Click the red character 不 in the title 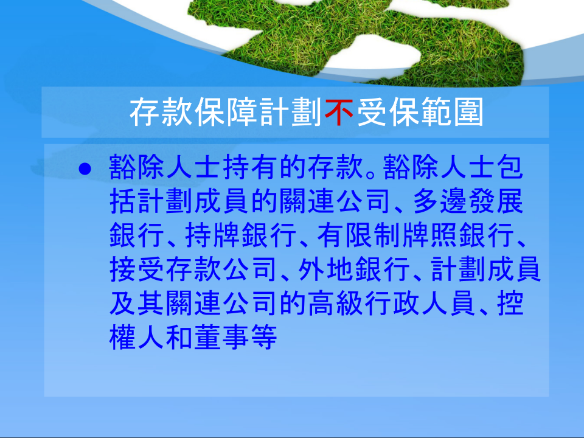pyautogui.click(x=339, y=112)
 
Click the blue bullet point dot pyautogui.click(x=85, y=169)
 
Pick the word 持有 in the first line pyautogui.click(x=251, y=168)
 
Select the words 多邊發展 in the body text pyautogui.click(x=468, y=201)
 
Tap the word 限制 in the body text pyautogui.click(x=374, y=235)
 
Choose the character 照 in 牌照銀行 pyautogui.click(x=444, y=235)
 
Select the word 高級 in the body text pyautogui.click(x=336, y=303)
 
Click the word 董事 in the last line pyautogui.click(x=223, y=337)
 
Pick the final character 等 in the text pyautogui.click(x=265, y=337)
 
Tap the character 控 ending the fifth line pyautogui.click(x=510, y=303)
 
